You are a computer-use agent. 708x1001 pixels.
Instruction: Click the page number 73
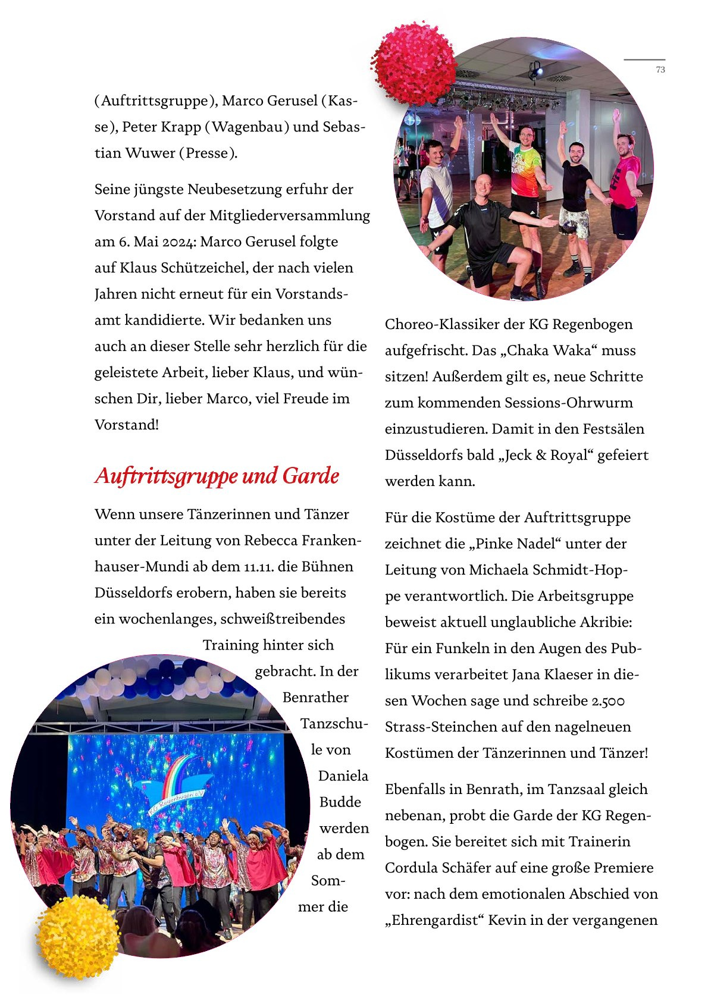click(660, 70)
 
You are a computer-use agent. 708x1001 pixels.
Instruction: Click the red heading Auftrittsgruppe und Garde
click(217, 476)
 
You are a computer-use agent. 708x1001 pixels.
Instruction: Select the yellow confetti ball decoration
click(78, 937)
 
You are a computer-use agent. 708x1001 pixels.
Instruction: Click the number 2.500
click(608, 701)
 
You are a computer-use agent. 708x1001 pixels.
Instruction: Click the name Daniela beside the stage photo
click(343, 776)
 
